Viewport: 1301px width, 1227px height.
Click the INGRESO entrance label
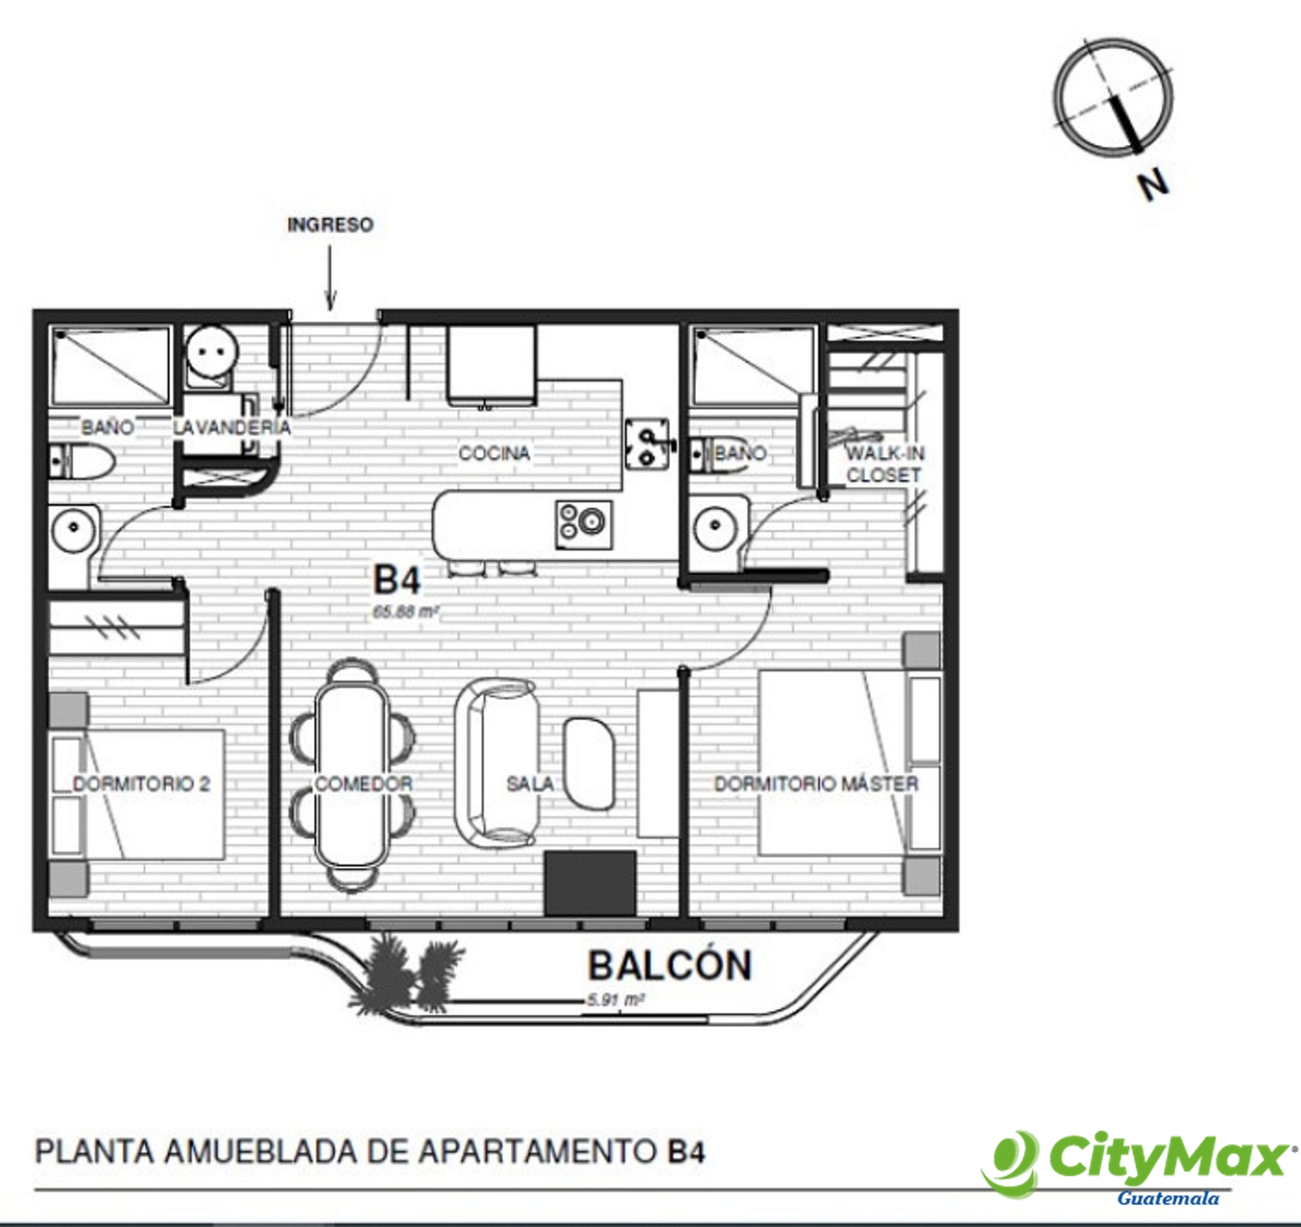point(330,224)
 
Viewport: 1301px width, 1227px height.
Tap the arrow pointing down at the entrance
point(330,278)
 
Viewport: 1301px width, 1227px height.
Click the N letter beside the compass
point(1154,185)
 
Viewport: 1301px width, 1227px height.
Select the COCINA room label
point(494,453)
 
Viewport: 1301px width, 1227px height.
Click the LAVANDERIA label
point(232,426)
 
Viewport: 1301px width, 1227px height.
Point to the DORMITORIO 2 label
point(141,784)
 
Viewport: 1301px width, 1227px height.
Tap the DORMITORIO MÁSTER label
point(816,784)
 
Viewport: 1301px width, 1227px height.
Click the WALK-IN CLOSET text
point(885,463)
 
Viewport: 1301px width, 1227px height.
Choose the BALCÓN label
point(670,965)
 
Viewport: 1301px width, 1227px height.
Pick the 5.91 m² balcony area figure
point(616,1000)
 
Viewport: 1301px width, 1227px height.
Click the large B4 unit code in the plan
point(397,581)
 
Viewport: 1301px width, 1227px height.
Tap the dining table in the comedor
point(351,773)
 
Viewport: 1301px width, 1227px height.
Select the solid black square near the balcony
point(590,883)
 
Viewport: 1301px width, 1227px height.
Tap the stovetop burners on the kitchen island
point(583,524)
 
